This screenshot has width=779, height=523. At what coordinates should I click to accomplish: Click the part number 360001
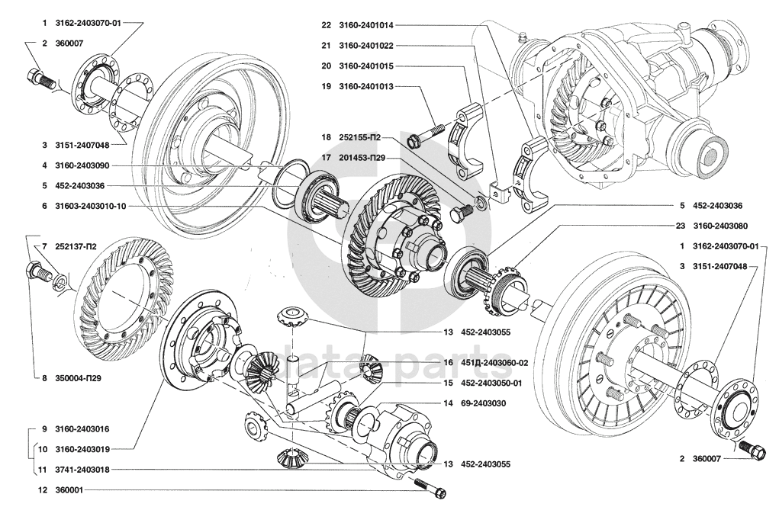[69, 490]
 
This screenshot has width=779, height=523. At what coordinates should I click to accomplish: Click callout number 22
[326, 24]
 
